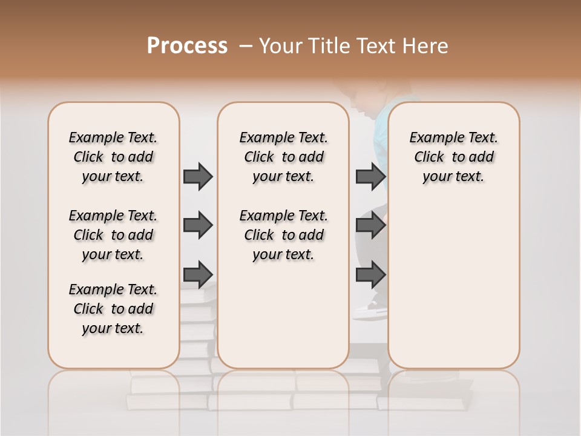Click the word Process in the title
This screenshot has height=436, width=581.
pyautogui.click(x=187, y=46)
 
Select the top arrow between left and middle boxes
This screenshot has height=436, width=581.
pyautogui.click(x=198, y=176)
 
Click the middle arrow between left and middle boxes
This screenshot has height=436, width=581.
pyautogui.click(x=198, y=225)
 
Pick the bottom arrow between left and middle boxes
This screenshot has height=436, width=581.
pyautogui.click(x=198, y=274)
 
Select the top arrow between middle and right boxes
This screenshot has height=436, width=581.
pyautogui.click(x=370, y=176)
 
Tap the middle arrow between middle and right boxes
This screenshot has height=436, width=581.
pyautogui.click(x=370, y=225)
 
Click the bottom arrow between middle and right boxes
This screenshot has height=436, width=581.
pyautogui.click(x=370, y=274)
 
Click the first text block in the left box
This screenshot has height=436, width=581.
pyautogui.click(x=113, y=157)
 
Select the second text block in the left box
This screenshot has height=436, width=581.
pyautogui.click(x=113, y=235)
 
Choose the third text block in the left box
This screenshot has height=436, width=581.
pyautogui.click(x=113, y=309)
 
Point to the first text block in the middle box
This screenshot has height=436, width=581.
pyautogui.click(x=283, y=157)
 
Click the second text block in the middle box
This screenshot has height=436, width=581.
pyautogui.click(x=283, y=235)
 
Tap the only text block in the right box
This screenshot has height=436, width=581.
pyautogui.click(x=453, y=157)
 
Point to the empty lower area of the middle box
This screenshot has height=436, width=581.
pyautogui.click(x=283, y=315)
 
